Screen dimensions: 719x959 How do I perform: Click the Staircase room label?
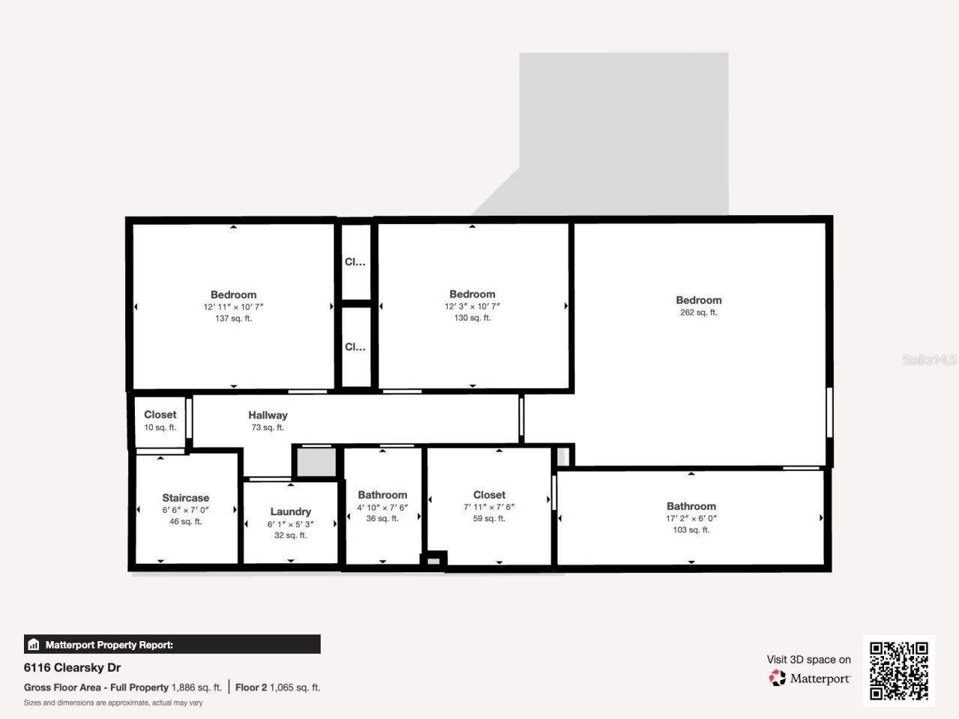coord(186,498)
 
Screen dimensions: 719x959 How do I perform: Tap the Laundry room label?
coord(290,512)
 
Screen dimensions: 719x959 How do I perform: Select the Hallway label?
coord(267,415)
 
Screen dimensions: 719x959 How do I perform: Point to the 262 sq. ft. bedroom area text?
coord(698,312)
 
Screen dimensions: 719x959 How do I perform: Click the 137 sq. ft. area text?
coord(233,318)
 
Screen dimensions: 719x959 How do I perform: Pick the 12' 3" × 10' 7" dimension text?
coord(472,306)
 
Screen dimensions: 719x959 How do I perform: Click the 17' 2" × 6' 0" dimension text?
coord(691,518)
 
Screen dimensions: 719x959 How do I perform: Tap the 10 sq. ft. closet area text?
coord(160,428)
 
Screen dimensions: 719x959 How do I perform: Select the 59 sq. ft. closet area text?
coord(489,518)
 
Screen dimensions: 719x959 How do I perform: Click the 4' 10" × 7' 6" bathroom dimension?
coord(382,507)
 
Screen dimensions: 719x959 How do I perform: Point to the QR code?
coord(898,670)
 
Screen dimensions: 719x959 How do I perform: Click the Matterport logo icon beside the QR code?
coord(777,678)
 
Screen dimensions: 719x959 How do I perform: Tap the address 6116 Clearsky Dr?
coord(72,667)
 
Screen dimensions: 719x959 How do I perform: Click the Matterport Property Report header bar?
coord(172,644)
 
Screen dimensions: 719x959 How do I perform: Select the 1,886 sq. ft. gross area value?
coord(196,687)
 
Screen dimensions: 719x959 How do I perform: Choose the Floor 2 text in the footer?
coord(251,687)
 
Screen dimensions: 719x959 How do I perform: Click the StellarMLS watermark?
coord(929,360)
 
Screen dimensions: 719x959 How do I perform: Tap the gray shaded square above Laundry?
coord(314,462)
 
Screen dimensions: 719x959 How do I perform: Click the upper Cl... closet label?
coord(355,262)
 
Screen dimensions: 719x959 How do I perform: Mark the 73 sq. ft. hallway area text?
coord(267,428)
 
